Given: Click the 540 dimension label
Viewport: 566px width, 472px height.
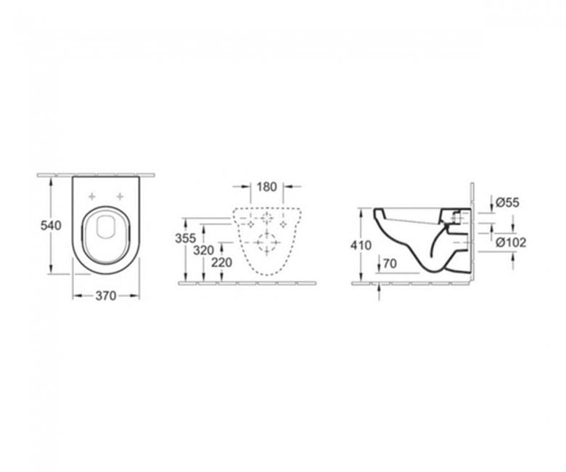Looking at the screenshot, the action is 51,225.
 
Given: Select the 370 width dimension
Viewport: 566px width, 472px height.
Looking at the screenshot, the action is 106,296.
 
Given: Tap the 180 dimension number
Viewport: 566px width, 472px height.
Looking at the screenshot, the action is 266,187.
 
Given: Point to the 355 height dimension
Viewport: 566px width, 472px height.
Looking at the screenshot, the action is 185,238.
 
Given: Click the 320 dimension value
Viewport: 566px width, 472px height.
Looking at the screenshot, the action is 203,250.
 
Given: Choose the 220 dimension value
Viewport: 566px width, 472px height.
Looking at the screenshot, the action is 221,263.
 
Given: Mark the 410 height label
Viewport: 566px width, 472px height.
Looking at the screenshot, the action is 361,245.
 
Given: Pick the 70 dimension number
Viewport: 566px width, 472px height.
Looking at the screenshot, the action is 390,264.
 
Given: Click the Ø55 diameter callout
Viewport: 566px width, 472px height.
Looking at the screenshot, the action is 507,203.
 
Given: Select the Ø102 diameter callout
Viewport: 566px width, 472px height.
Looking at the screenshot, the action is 511,243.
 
